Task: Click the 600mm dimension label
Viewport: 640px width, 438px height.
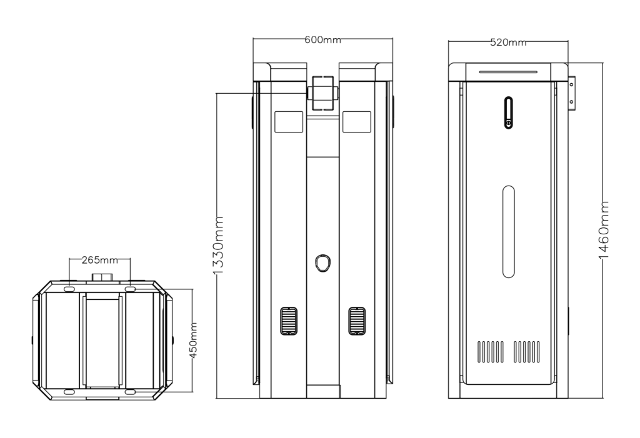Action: tap(322, 40)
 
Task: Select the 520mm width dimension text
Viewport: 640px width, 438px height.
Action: tap(507, 42)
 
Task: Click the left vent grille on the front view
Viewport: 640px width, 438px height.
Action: tap(288, 321)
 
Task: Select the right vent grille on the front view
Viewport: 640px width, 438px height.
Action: tap(357, 321)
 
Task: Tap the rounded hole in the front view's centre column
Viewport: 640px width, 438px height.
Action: tap(322, 263)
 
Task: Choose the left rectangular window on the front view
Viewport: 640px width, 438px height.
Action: tap(288, 121)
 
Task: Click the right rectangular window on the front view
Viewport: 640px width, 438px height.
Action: tap(357, 121)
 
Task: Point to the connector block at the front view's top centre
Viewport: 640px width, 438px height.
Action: tap(322, 92)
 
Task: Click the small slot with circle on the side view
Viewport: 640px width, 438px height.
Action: tap(509, 112)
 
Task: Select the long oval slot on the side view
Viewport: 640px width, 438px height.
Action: tap(509, 231)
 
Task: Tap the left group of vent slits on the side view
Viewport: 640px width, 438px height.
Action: tap(491, 352)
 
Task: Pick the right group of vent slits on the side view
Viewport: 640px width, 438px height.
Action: tap(527, 352)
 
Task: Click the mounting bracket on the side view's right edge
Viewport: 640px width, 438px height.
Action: tap(572, 93)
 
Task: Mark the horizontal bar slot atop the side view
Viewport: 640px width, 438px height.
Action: tap(508, 71)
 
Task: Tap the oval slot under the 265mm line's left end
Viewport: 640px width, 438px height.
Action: tap(69, 289)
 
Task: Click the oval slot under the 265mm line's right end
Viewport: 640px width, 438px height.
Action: tap(129, 289)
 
